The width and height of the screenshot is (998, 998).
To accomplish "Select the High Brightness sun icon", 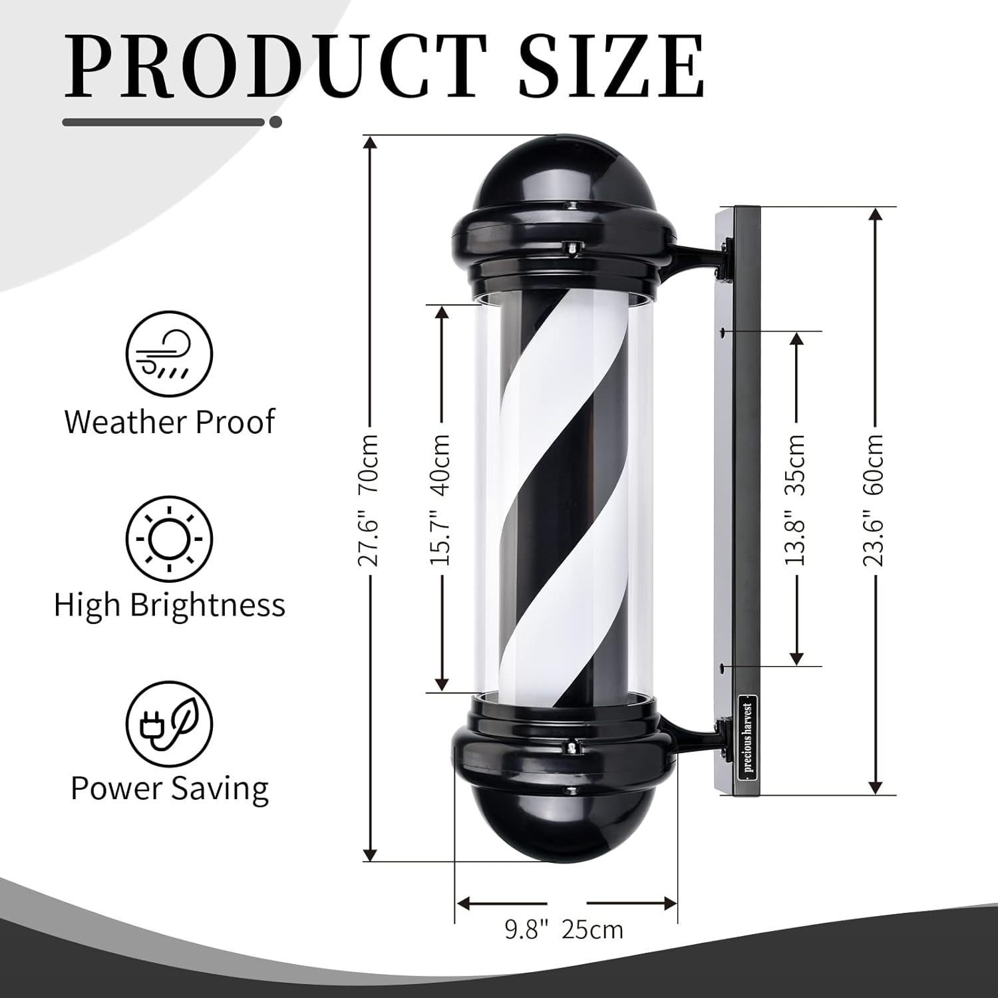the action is [x=170, y=539].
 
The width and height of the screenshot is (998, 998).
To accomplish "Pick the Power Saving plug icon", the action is [x=170, y=723].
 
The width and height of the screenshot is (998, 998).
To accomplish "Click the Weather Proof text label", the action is [x=170, y=422].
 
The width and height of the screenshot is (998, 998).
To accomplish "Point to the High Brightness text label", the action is [x=170, y=605].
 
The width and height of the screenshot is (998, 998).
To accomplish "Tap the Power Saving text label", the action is [x=170, y=788].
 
